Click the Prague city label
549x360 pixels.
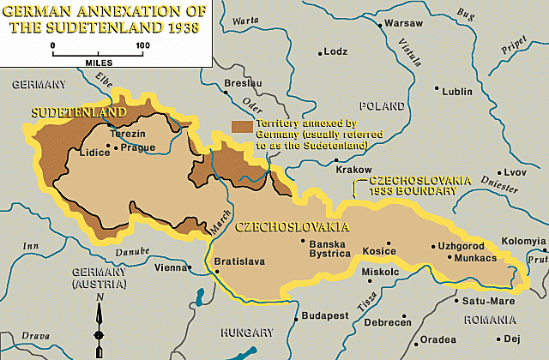(x=138, y=147)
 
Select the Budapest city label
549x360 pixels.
(x=323, y=316)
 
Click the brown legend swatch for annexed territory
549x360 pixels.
(x=242, y=126)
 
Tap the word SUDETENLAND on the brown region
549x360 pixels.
(x=78, y=112)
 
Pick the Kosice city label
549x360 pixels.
(x=379, y=251)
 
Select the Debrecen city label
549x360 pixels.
(x=387, y=322)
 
